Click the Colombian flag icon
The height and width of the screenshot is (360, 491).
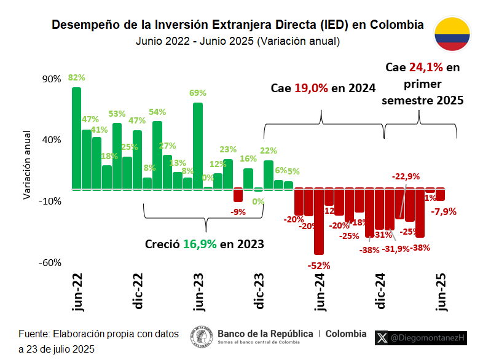tap(452, 34)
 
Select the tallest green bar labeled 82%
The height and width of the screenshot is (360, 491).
tap(76, 138)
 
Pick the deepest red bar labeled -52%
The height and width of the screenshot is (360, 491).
tap(318, 221)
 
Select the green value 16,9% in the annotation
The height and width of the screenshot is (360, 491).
tap(200, 244)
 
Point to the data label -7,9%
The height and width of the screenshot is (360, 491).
tap(444, 211)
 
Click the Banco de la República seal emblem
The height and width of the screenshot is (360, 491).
tap(201, 337)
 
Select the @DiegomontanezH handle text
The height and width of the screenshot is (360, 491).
tap(428, 337)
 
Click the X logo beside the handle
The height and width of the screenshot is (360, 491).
tap(382, 337)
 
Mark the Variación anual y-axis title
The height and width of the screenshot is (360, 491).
tap(27, 164)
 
